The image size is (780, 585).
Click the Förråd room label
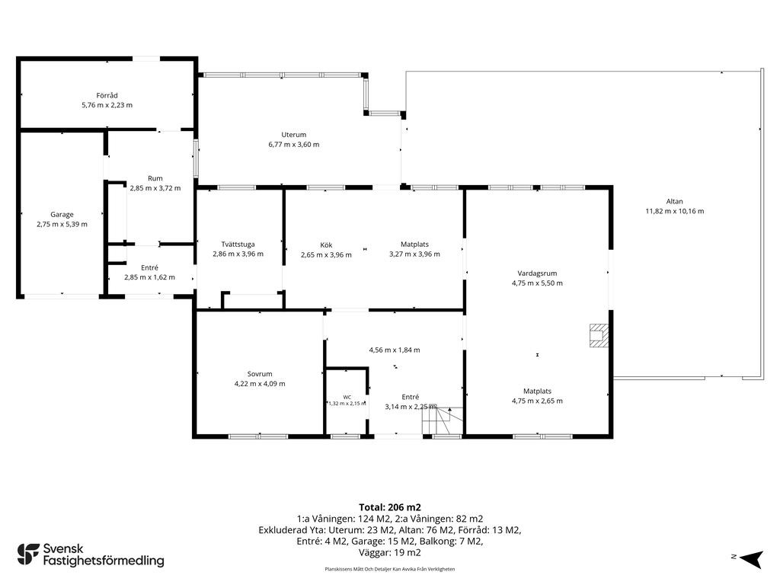pyautogui.click(x=107, y=95)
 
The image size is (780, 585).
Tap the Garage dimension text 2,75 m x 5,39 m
pyautogui.click(x=62, y=225)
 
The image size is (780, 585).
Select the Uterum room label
pyautogui.click(x=294, y=135)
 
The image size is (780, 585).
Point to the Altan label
pyautogui.click(x=675, y=201)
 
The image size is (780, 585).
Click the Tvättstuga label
pyautogui.click(x=238, y=245)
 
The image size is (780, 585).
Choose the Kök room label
pyautogui.click(x=326, y=245)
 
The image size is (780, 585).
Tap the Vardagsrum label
pyautogui.click(x=537, y=273)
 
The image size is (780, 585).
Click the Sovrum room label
pyautogui.click(x=260, y=374)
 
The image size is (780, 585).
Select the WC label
pyautogui.click(x=347, y=397)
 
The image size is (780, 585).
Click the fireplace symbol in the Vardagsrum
pyautogui.click(x=599, y=335)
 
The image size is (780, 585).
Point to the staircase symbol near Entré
pyautogui.click(x=443, y=420)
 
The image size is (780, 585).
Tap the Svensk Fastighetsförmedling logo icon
pyautogui.click(x=28, y=555)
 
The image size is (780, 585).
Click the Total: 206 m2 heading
pyautogui.click(x=390, y=507)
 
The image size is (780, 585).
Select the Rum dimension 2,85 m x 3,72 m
pyautogui.click(x=155, y=188)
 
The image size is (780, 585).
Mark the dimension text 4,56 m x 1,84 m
pyautogui.click(x=395, y=350)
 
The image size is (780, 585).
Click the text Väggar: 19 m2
pyautogui.click(x=390, y=553)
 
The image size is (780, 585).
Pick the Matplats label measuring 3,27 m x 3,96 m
pyautogui.click(x=415, y=245)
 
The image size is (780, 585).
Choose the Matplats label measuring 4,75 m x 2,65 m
pyautogui.click(x=537, y=392)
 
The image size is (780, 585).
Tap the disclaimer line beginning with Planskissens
pyautogui.click(x=390, y=569)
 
